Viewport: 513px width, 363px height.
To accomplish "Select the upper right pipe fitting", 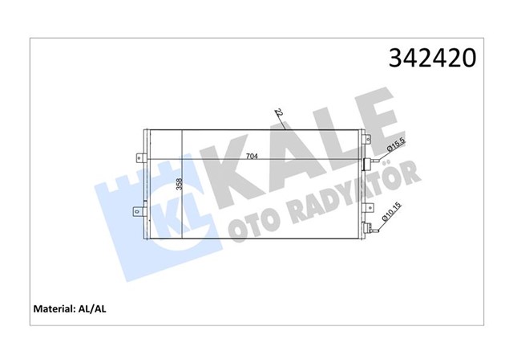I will (x=370, y=164).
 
